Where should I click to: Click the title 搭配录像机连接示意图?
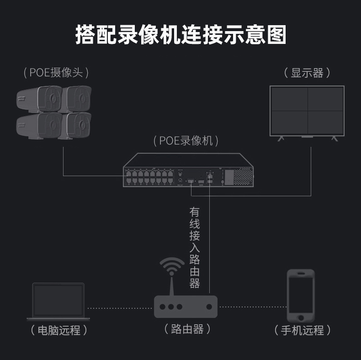180,35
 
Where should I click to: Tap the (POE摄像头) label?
56,72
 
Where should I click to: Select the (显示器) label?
307,73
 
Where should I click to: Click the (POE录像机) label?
186,140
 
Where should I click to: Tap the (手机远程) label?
303,330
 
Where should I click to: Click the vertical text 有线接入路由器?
195,247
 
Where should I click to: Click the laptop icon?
58,301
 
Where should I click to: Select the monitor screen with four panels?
307,111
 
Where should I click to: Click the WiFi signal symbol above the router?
172,266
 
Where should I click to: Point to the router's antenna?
172,285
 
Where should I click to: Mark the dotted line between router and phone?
252,307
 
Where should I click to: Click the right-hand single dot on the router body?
209,307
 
